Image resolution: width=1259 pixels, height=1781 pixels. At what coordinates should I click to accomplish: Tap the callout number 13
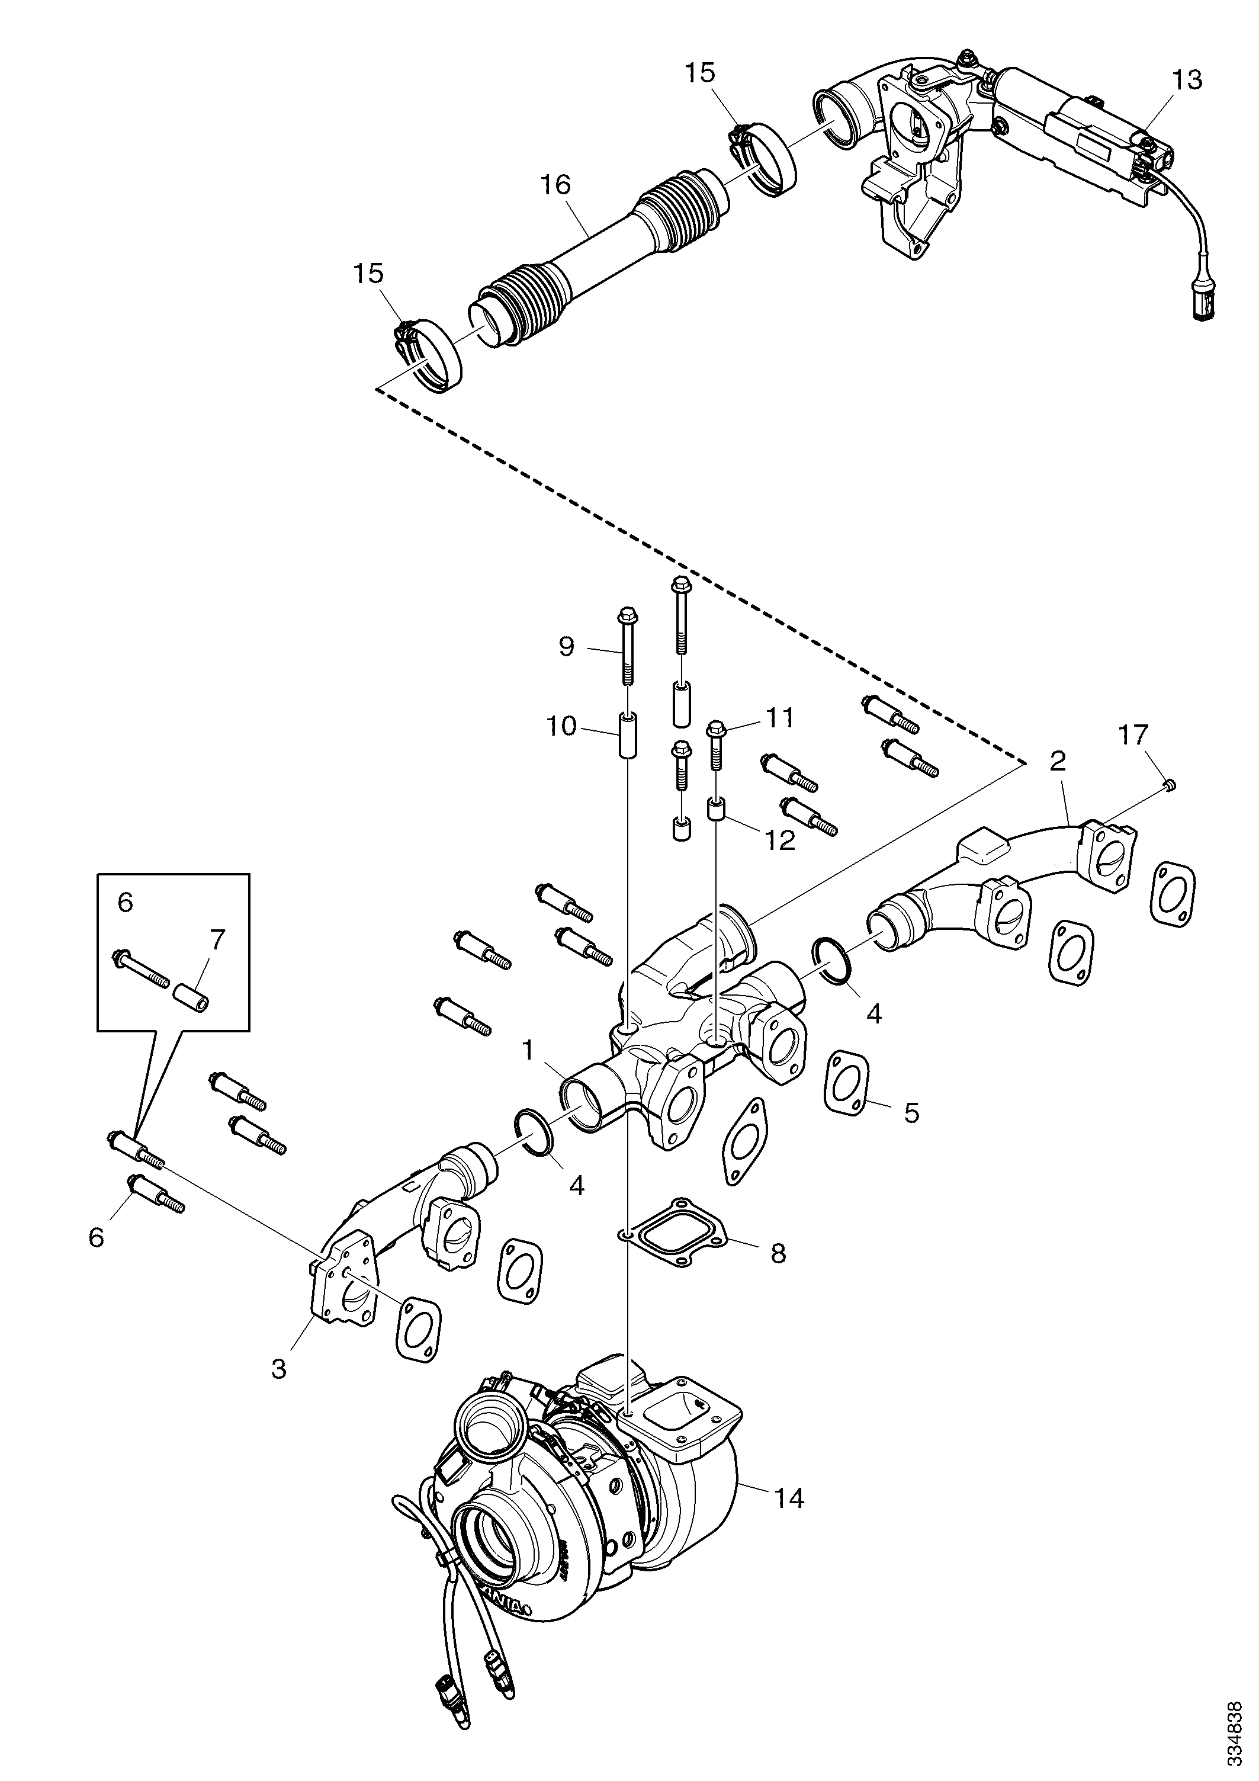pyautogui.click(x=1187, y=80)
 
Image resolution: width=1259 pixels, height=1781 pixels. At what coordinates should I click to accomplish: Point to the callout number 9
pyautogui.click(x=567, y=646)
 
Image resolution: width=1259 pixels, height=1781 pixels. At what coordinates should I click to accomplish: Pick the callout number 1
pyautogui.click(x=528, y=1051)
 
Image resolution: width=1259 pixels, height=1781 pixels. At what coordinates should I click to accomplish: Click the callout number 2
pyautogui.click(x=1056, y=761)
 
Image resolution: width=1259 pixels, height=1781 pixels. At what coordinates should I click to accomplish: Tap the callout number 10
pyautogui.click(x=561, y=727)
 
